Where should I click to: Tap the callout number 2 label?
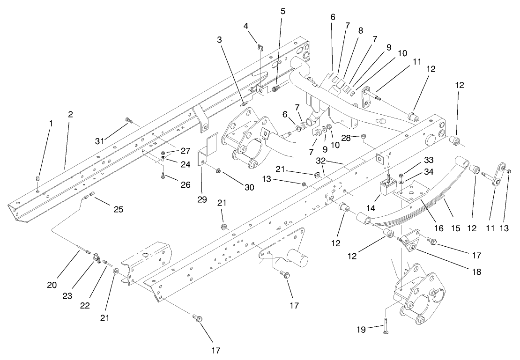click(70, 114)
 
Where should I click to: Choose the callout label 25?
click(119, 209)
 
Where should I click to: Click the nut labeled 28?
click(364, 137)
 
